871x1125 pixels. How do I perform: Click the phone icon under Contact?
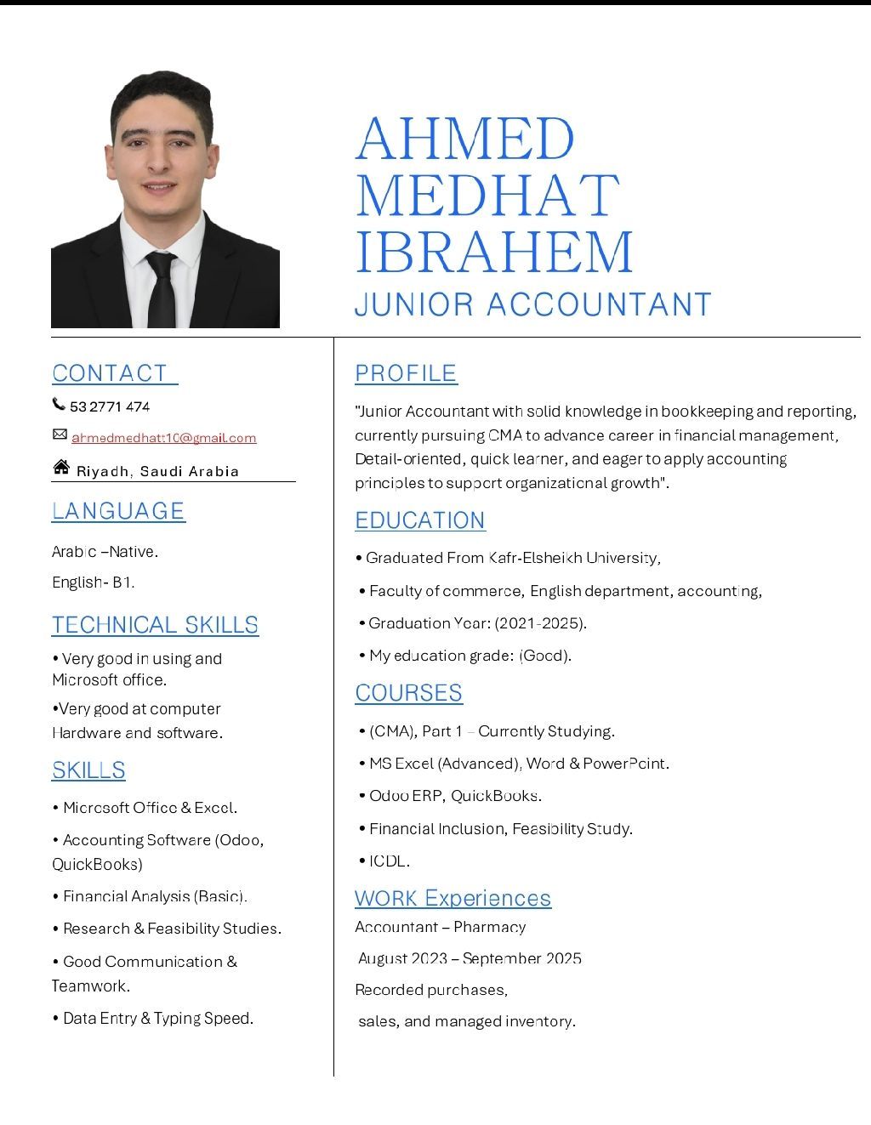point(59,404)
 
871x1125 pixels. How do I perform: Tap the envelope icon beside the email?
point(60,435)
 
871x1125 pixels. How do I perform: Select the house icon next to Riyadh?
point(61,467)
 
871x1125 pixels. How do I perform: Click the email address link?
point(163,438)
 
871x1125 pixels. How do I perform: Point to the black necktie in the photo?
point(161,289)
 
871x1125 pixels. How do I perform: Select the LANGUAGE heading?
point(118,510)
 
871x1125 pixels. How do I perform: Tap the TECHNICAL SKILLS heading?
point(155,625)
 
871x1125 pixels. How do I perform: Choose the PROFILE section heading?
point(406,373)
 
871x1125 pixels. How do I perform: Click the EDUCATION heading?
point(420,520)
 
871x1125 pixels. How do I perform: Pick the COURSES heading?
point(408,693)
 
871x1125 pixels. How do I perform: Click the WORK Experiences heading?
point(453,898)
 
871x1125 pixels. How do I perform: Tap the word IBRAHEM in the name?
point(494,252)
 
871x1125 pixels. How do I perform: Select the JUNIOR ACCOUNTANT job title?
point(532,304)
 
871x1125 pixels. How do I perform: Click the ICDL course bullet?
point(389,861)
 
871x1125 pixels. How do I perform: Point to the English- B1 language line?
point(93,582)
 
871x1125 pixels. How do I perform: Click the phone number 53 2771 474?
point(110,406)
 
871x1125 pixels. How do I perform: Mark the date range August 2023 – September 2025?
point(470,958)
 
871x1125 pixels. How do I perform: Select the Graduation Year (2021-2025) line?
point(477,623)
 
